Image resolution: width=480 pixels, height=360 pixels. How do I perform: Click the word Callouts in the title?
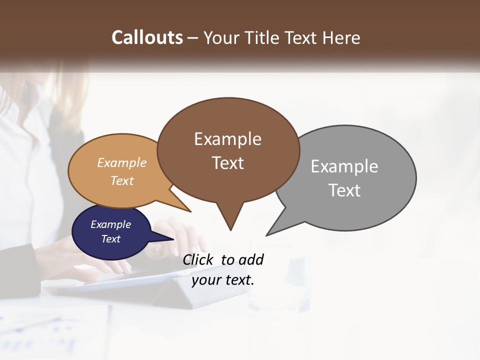[x=147, y=37]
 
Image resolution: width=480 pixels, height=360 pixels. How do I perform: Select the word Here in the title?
[x=341, y=37]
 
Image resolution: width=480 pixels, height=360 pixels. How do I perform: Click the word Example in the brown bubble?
[x=227, y=139]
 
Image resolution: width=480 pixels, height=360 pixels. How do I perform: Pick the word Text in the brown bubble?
[x=227, y=163]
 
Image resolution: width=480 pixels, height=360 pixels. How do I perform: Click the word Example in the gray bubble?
[x=344, y=166]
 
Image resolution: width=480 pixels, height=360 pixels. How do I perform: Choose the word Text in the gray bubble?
[x=344, y=190]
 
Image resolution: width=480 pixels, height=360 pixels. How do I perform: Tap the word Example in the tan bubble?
[x=121, y=163]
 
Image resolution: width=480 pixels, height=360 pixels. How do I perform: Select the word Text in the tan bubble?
[x=121, y=180]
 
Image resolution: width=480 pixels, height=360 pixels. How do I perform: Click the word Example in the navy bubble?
[x=110, y=224]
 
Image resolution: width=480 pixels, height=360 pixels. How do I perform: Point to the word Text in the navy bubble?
[x=110, y=239]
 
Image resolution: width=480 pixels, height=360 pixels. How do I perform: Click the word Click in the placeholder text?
[x=198, y=259]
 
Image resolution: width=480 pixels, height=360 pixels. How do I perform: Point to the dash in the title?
[x=193, y=38]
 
